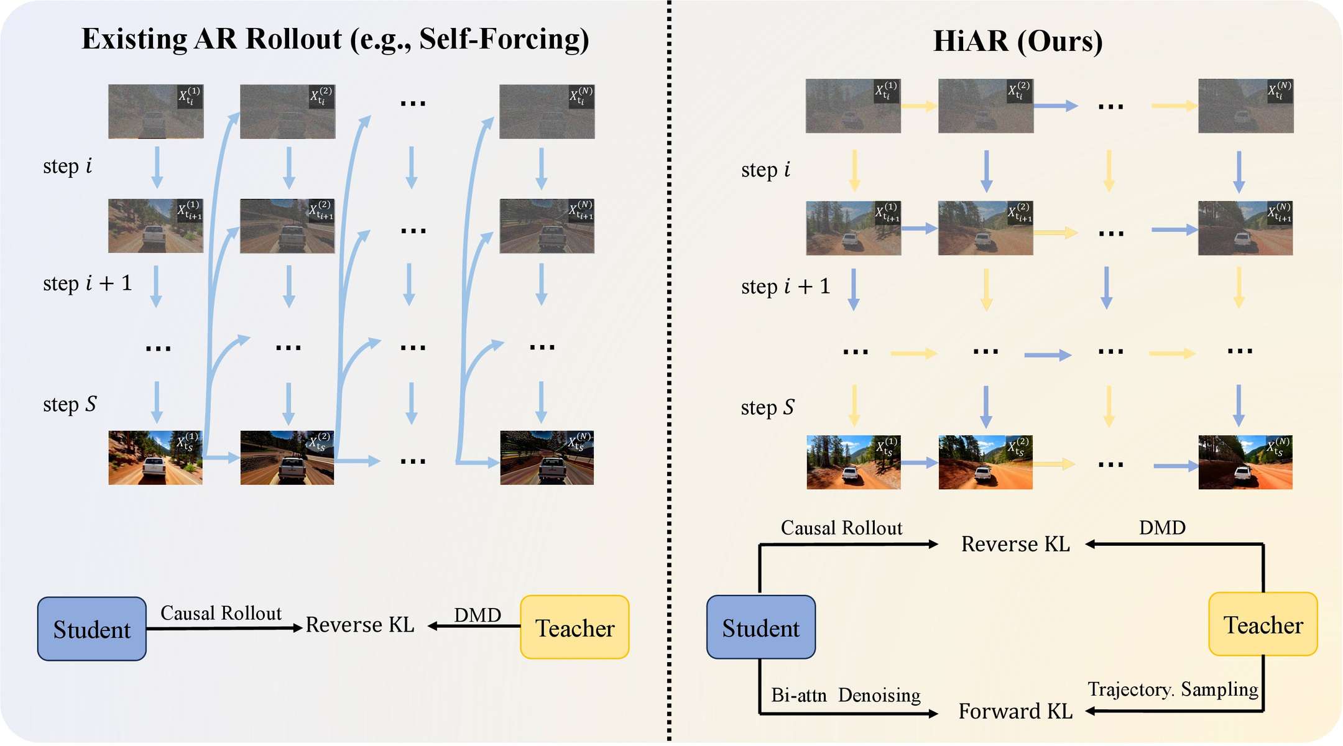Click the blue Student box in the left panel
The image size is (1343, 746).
(92, 629)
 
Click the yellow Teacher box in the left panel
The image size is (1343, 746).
(575, 627)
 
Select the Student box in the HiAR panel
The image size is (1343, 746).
(760, 627)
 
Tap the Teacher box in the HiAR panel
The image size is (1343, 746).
(1263, 624)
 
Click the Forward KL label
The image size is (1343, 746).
(1015, 711)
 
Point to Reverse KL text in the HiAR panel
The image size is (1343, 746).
(1015, 544)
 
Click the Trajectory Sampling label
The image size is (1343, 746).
(1173, 689)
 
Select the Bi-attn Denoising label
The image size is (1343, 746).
(846, 695)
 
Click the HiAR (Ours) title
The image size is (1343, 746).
(1018, 41)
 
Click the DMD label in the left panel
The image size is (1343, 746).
(478, 615)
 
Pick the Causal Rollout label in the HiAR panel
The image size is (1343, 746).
(841, 528)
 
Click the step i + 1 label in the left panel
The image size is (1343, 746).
(88, 283)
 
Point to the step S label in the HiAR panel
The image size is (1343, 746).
(767, 408)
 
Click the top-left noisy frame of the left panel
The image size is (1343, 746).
(155, 111)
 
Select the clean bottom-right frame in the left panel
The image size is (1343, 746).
(547, 458)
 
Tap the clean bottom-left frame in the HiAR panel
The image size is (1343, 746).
(853, 462)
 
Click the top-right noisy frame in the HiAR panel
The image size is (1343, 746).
(1245, 106)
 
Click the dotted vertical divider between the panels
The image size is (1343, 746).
(669, 373)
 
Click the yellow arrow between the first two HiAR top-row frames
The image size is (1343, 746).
(919, 106)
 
